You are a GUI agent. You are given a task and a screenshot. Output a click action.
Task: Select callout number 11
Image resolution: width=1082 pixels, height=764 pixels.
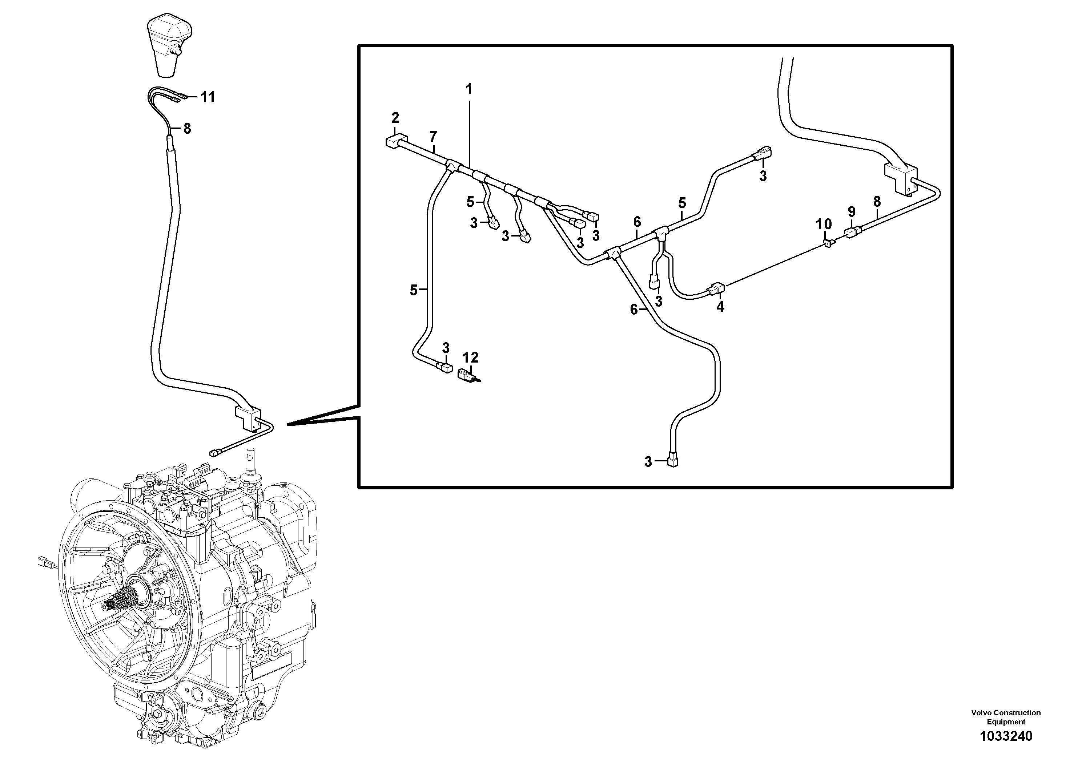click(x=208, y=97)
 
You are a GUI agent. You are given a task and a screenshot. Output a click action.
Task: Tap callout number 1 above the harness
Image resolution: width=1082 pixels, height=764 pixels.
click(x=468, y=89)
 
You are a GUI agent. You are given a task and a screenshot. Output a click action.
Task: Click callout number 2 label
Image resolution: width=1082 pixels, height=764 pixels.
click(x=395, y=117)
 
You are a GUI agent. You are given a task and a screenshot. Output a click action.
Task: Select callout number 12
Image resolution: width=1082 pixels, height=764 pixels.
click(x=470, y=357)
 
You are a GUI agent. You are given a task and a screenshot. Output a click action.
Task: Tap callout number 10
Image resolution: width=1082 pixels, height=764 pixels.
click(x=824, y=224)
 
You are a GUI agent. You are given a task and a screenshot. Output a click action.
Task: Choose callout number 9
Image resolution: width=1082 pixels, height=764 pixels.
click(x=851, y=211)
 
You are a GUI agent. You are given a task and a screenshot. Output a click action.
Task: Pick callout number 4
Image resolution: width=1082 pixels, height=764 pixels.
click(x=720, y=307)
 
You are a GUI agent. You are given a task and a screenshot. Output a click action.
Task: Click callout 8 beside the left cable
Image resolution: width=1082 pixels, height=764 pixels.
click(x=187, y=128)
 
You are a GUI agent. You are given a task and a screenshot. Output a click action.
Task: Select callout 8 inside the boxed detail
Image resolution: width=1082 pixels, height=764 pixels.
click(x=877, y=202)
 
